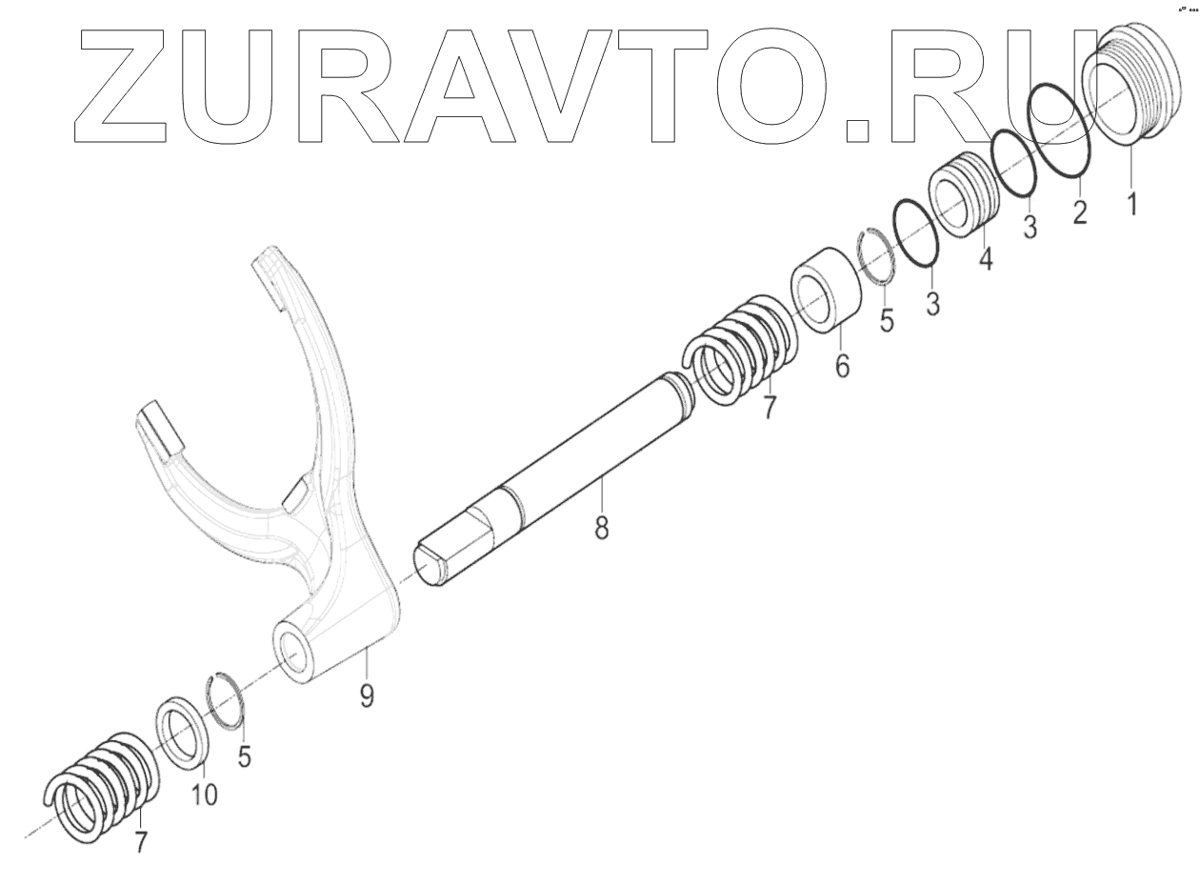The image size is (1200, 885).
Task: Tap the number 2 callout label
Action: click(x=1079, y=211)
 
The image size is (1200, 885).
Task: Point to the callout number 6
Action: click(x=843, y=364)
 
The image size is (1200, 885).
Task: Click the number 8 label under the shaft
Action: click(x=602, y=526)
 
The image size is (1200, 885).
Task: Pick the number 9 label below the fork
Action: click(x=367, y=694)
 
